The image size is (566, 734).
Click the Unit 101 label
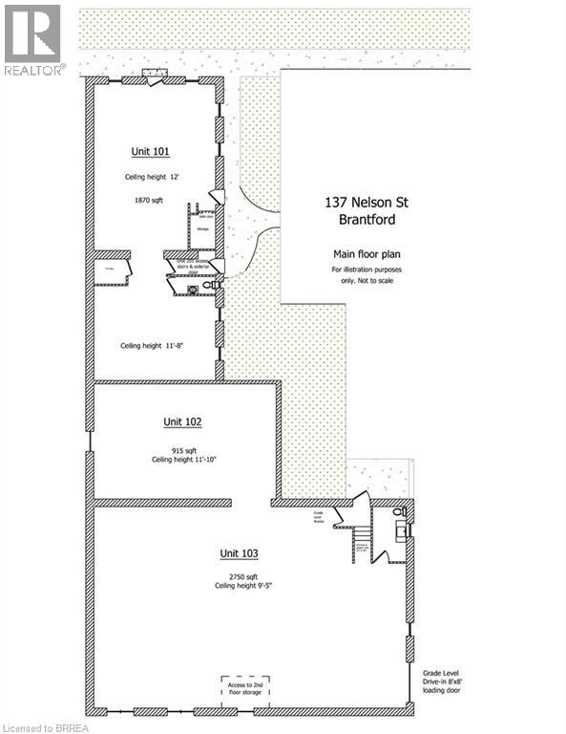(x=150, y=151)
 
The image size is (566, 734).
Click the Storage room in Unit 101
(x=202, y=228)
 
